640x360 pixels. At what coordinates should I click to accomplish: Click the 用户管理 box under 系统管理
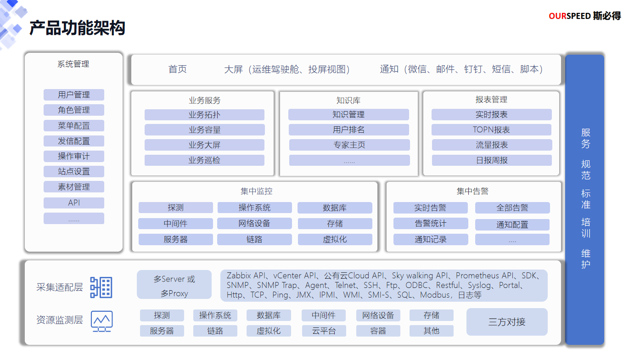(74, 95)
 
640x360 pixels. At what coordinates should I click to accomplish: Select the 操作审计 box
(74, 156)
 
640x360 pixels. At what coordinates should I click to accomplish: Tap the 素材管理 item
(74, 187)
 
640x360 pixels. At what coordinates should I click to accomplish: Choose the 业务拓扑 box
(204, 115)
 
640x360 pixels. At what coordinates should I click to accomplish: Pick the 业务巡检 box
(204, 160)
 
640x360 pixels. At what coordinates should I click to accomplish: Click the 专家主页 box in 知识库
(349, 145)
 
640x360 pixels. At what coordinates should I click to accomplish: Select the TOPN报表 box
(491, 130)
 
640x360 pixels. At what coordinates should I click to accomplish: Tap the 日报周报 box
(491, 160)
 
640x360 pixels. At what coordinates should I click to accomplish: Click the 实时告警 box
(430, 208)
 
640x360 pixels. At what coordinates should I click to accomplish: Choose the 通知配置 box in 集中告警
(512, 225)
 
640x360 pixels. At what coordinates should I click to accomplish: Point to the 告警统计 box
(430, 224)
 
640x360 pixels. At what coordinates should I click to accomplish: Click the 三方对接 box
(507, 322)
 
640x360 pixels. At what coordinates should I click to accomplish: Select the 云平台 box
(324, 331)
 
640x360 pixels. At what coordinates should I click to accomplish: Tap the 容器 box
(378, 331)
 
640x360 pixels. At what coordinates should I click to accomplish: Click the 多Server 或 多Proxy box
(174, 286)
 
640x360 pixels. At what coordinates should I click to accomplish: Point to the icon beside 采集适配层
(101, 287)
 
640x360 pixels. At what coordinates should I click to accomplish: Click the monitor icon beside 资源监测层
(101, 321)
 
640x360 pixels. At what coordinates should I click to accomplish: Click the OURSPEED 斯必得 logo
(584, 16)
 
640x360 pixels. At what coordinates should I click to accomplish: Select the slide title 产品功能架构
(77, 28)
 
